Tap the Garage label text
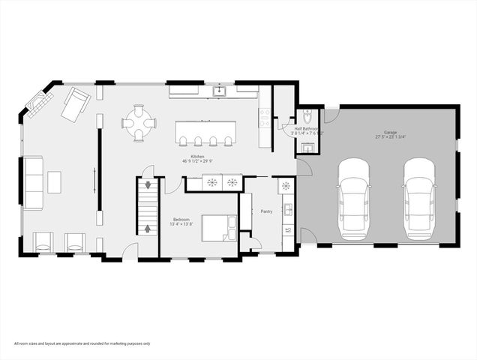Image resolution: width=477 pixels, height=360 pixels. [385, 133]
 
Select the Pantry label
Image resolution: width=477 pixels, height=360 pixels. [266, 211]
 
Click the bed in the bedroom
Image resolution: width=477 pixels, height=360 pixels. [219, 228]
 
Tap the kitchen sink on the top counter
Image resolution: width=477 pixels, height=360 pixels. [219, 91]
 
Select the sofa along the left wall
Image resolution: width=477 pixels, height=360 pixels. [34, 182]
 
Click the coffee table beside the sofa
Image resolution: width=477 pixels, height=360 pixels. [54, 181]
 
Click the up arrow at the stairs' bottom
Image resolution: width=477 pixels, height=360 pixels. [148, 228]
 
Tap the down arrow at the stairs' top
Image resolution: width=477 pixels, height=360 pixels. [148, 185]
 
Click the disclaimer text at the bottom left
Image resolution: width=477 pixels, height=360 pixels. [82, 343]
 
